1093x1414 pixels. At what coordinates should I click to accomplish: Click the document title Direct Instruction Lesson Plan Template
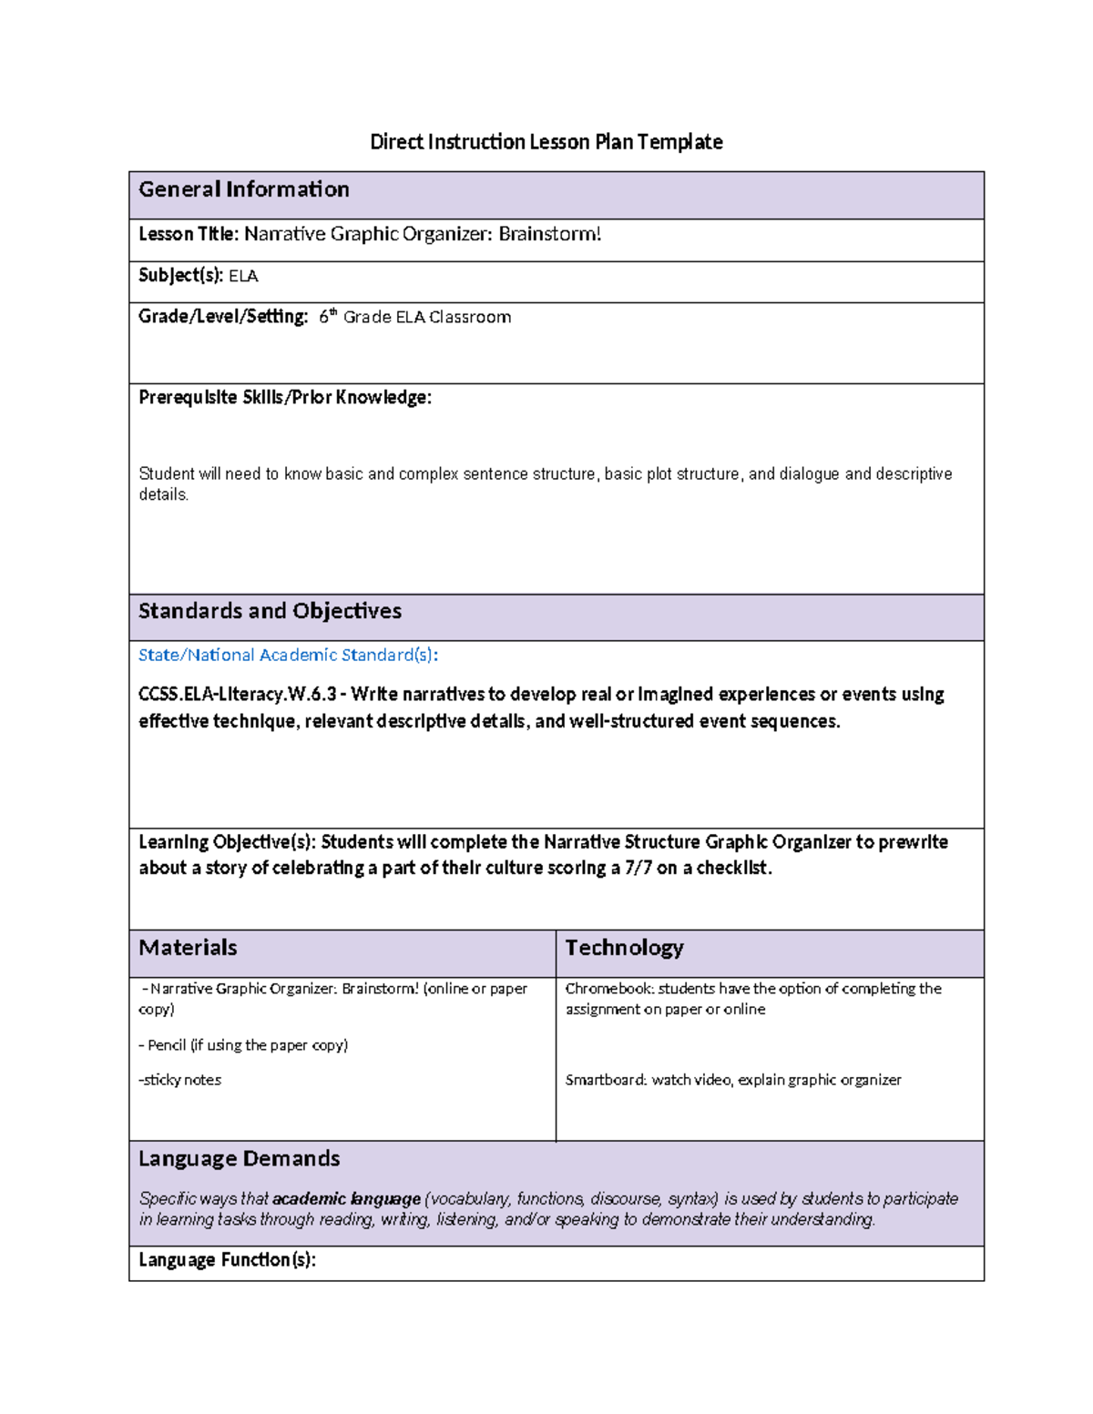click(x=546, y=142)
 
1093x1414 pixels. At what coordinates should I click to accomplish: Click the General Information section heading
click(x=244, y=189)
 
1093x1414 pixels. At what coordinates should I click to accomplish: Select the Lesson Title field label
click(x=188, y=235)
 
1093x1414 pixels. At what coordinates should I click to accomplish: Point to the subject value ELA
click(x=243, y=276)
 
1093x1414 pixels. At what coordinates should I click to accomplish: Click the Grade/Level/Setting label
click(x=223, y=317)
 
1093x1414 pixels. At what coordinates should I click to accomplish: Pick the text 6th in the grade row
click(x=327, y=317)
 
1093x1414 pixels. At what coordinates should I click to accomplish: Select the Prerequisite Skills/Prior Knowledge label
click(x=285, y=398)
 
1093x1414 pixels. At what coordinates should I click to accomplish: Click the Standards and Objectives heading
click(x=270, y=611)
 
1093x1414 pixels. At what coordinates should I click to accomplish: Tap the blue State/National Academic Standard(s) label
click(x=288, y=656)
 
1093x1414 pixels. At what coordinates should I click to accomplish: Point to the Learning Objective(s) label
click(x=227, y=842)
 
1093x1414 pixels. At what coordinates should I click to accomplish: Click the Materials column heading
click(x=188, y=948)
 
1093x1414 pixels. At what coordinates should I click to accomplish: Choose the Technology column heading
click(x=624, y=948)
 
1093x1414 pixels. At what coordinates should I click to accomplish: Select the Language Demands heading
click(x=239, y=1159)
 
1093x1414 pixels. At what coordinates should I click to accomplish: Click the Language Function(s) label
click(x=227, y=1260)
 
